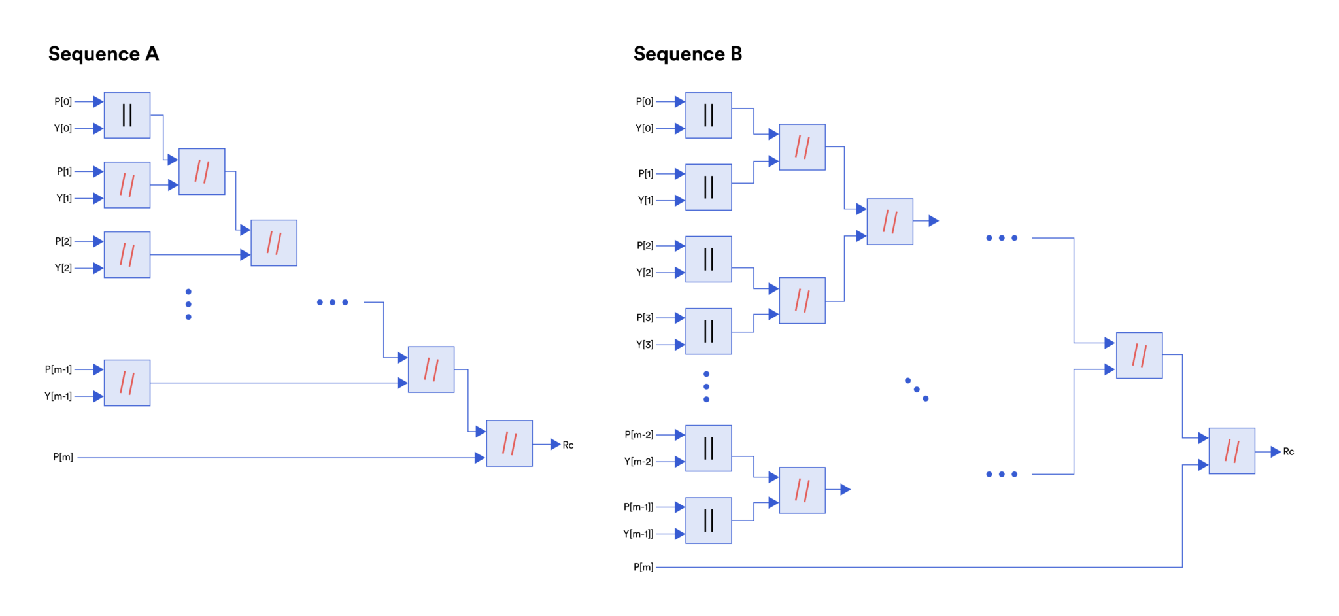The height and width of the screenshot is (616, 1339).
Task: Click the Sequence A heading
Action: pos(103,54)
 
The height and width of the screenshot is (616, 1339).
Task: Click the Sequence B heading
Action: pos(687,54)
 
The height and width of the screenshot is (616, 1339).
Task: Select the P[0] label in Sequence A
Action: pos(63,102)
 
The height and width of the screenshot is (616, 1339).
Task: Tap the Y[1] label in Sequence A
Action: pos(63,198)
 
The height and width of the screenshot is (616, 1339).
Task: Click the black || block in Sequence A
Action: pos(127,115)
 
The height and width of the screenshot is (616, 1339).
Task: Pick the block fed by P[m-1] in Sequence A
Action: pos(127,383)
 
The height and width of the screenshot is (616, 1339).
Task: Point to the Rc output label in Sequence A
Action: pos(568,445)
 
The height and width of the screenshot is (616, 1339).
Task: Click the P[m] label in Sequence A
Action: pos(63,457)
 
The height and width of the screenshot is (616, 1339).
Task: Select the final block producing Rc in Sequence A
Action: pos(509,443)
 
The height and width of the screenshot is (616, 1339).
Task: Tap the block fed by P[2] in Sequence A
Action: pos(127,255)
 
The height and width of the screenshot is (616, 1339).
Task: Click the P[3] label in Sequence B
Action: pos(645,318)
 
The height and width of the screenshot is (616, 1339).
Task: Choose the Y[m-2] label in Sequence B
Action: pos(638,462)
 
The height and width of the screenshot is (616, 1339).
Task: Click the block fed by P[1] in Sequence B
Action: pos(708,187)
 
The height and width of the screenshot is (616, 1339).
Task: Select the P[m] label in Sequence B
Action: pos(643,567)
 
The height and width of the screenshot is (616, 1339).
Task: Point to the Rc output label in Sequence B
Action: pos(1288,452)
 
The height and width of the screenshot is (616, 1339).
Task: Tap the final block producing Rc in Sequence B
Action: pos(1231,451)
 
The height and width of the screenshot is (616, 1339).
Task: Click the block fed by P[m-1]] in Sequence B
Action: pos(708,521)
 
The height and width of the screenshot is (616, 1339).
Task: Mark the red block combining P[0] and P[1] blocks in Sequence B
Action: pos(802,147)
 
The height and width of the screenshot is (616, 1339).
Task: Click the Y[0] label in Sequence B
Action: pos(644,129)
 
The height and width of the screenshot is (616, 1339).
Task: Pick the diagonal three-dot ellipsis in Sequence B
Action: pos(917,389)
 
